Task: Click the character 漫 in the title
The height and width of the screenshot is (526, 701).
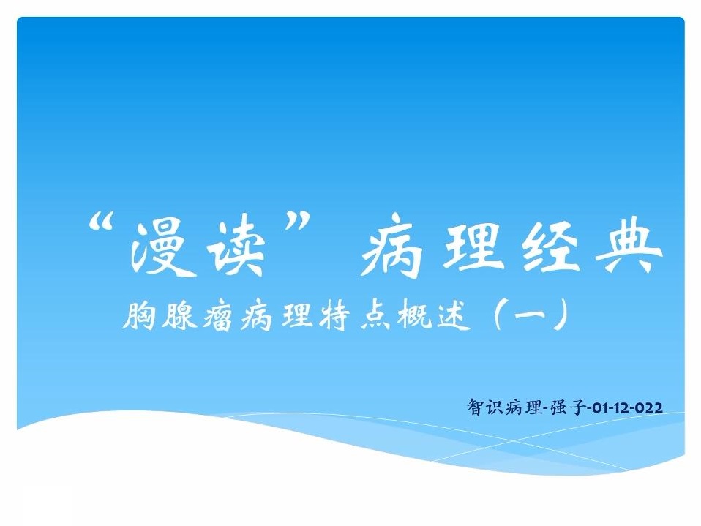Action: pyautogui.click(x=160, y=248)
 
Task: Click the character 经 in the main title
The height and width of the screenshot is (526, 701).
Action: pyautogui.click(x=549, y=247)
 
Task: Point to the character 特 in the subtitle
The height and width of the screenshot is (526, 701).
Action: pyautogui.click(x=334, y=315)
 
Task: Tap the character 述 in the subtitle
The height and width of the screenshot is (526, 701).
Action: pyautogui.click(x=453, y=316)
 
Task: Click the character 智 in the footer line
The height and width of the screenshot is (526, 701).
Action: pyautogui.click(x=474, y=407)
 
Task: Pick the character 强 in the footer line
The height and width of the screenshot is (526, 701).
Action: pyautogui.click(x=558, y=407)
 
